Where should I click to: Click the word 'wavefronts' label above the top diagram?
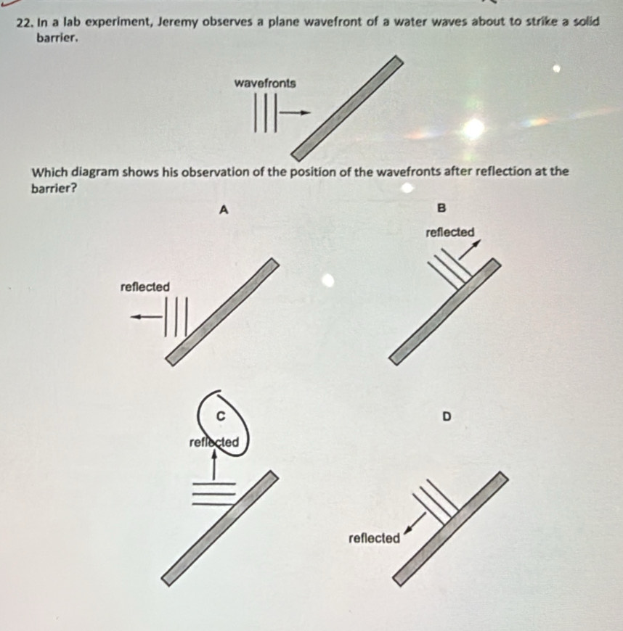tap(265, 83)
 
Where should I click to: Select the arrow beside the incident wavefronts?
tap(296, 112)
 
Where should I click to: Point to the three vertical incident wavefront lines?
tap(265, 115)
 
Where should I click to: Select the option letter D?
tap(447, 416)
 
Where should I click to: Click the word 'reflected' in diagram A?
tap(144, 287)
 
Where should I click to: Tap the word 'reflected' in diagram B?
tap(449, 232)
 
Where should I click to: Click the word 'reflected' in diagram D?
tap(374, 539)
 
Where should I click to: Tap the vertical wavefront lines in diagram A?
tap(176, 317)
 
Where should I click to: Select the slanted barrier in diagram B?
tap(445, 310)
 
